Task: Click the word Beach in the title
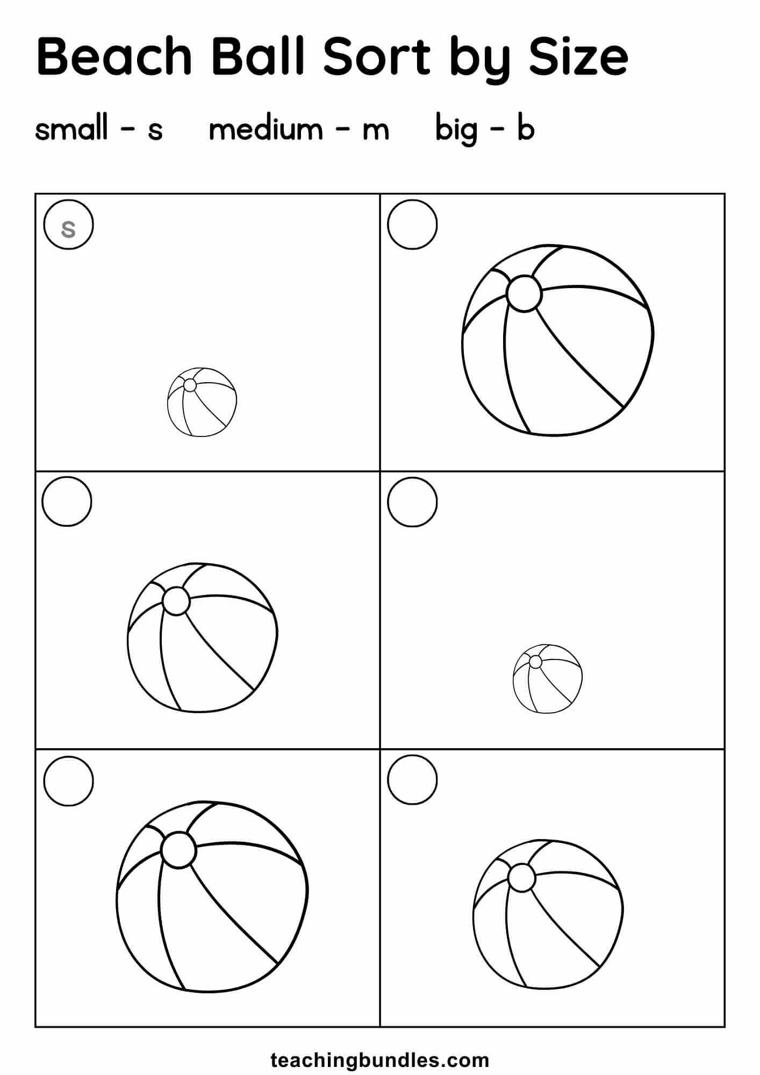coord(114,56)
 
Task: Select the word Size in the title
coord(578,56)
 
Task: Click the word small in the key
coord(71,129)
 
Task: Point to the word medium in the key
coord(266,129)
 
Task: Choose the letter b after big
coord(526,129)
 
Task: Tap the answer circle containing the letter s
coord(69,225)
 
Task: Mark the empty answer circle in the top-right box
coord(412,225)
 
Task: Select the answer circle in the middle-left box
coord(67,501)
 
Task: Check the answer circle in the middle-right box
coord(412,501)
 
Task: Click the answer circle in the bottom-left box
coord(68,780)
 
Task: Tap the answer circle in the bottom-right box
coord(412,780)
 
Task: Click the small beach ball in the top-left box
coord(202,402)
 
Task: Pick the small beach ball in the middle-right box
coord(548,679)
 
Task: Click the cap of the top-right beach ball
coord(524,293)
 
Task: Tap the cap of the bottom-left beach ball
coord(178,850)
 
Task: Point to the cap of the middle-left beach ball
coord(176,601)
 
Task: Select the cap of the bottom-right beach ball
coord(521,878)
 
